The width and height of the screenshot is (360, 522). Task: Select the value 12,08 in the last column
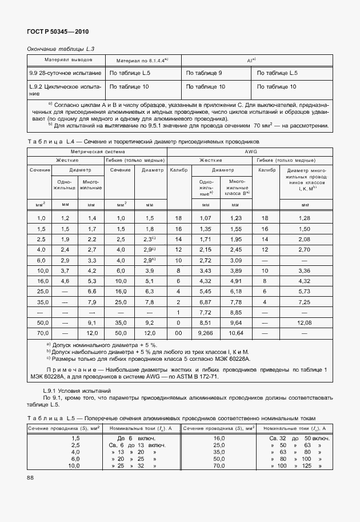pos(303,323)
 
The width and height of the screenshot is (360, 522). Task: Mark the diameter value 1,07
pos(204,218)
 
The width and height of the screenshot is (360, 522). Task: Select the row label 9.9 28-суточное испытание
pos(65,73)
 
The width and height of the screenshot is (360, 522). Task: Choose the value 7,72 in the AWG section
pos(204,312)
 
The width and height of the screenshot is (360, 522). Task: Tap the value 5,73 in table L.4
pos(303,292)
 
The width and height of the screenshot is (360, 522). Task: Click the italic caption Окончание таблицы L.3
pos(61,49)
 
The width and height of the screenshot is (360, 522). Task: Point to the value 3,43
pos(204,270)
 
